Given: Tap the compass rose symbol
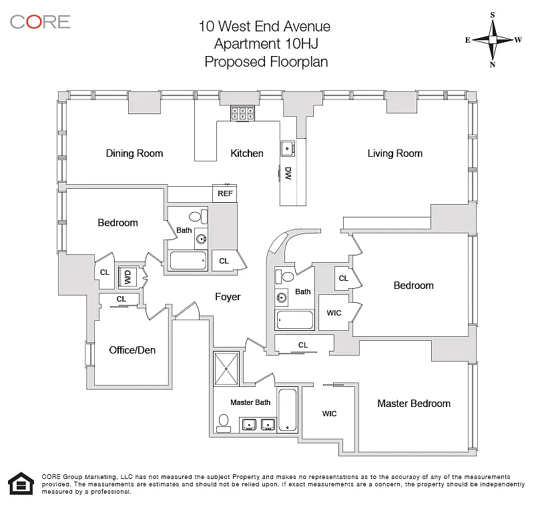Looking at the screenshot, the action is (x=493, y=39).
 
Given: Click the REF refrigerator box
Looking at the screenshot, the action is (x=225, y=193).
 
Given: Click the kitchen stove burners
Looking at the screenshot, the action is (x=243, y=113).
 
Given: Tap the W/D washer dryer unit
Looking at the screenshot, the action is (x=127, y=276).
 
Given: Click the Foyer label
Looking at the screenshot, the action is (x=227, y=297).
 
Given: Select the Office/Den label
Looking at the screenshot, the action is (x=132, y=350).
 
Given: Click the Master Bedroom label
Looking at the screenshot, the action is (x=413, y=403).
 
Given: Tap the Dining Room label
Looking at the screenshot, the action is (x=134, y=153).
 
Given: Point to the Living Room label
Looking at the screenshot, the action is (x=394, y=153).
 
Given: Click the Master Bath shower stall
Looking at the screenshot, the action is (x=227, y=368).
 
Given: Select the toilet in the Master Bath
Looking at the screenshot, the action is (x=224, y=421).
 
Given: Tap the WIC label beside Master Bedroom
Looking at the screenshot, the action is (x=329, y=414).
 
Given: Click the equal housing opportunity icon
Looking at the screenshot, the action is (x=21, y=483).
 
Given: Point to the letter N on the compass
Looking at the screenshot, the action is (x=493, y=65).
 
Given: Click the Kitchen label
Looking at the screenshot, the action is (x=247, y=153).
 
